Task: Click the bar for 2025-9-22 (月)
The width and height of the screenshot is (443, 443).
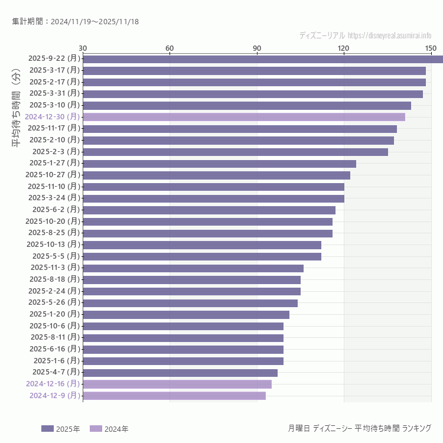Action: [x=263, y=58]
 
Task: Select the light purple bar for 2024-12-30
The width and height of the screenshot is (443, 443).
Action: [x=244, y=117]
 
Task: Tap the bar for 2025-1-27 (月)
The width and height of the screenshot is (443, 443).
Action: [x=219, y=163]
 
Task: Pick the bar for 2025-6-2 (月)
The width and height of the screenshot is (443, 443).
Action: [x=209, y=210]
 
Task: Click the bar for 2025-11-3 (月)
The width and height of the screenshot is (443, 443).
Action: [x=193, y=268]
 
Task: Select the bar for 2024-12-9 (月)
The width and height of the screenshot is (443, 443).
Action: [x=174, y=396]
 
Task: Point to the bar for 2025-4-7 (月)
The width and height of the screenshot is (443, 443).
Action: [x=180, y=373]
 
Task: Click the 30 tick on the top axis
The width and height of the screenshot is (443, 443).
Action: [x=83, y=48]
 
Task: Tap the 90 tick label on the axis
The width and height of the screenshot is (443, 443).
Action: [x=257, y=48]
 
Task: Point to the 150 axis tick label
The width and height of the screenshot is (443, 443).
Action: [x=431, y=48]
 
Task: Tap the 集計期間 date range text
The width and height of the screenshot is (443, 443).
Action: [x=75, y=22]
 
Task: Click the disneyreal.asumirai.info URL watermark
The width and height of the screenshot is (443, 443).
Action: [x=389, y=35]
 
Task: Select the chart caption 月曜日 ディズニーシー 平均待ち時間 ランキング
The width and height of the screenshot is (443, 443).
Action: [x=359, y=428]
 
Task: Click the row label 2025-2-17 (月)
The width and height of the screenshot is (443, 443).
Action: [x=54, y=82]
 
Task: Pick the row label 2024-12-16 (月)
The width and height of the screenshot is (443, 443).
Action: [x=53, y=384]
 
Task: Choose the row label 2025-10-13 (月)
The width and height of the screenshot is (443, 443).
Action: [x=53, y=245]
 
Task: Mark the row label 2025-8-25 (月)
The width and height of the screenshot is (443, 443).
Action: [x=54, y=233]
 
